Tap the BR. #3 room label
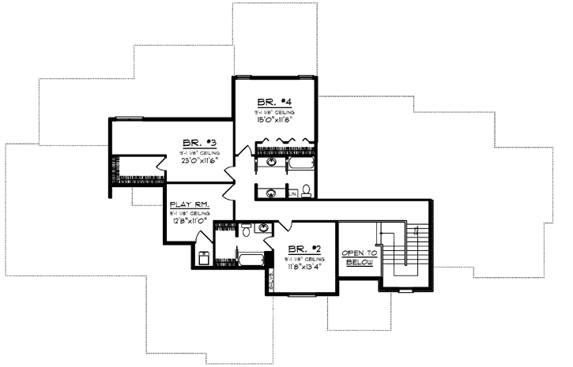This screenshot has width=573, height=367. (x=194, y=143)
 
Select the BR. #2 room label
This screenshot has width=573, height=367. (x=302, y=248)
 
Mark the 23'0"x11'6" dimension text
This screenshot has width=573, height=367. (x=194, y=160)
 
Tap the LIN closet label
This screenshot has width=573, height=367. (x=292, y=193)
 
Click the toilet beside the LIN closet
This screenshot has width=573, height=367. (x=306, y=190)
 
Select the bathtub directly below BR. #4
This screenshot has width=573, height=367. (x=300, y=163)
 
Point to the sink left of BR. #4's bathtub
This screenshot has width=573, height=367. (x=271, y=163)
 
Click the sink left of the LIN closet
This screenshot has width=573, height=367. (x=271, y=191)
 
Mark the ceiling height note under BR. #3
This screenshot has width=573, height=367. (x=194, y=152)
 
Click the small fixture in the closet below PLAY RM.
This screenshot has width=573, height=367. (x=203, y=257)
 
